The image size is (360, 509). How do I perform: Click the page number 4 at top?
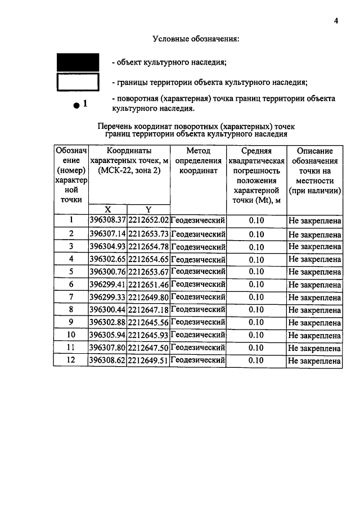(x=336, y=21)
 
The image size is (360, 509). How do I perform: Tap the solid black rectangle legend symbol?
(x=78, y=62)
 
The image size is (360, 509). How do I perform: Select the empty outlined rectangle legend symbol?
(x=78, y=83)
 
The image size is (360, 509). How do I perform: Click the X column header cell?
(x=107, y=209)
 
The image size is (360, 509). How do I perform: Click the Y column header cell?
(x=148, y=209)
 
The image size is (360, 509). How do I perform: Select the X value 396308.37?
(x=108, y=220)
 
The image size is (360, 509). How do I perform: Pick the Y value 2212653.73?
(x=148, y=233)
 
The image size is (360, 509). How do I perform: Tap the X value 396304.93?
(x=108, y=246)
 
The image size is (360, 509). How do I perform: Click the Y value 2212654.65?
(x=148, y=259)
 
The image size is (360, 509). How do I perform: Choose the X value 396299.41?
(x=108, y=285)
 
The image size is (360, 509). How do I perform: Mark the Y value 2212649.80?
(x=148, y=298)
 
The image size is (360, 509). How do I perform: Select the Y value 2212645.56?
(x=148, y=323)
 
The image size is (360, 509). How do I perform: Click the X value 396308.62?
(x=108, y=361)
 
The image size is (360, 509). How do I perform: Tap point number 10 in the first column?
(x=71, y=335)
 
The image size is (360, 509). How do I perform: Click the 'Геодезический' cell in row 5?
(x=198, y=272)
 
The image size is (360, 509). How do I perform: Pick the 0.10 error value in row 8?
(x=256, y=310)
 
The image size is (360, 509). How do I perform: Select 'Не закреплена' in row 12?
(x=314, y=361)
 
